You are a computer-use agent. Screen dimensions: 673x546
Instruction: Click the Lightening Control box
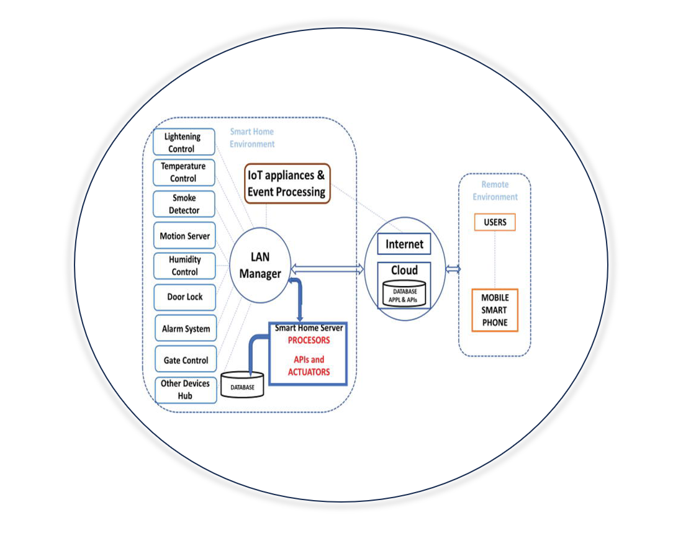[x=184, y=142]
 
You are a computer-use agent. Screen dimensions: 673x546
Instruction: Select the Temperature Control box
[x=184, y=172]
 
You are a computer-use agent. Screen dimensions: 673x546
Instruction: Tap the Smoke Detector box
[x=184, y=204]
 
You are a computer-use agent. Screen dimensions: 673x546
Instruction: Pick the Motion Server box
[x=184, y=236]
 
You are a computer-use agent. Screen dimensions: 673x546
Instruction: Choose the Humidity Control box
[x=184, y=266]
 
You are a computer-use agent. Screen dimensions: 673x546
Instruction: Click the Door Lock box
[x=185, y=297]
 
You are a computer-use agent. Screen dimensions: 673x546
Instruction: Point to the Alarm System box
[x=186, y=329]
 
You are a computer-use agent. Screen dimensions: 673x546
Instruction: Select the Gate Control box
[x=186, y=359]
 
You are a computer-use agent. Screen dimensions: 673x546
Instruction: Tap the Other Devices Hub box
[x=186, y=390]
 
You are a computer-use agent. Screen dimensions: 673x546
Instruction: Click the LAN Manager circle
[x=260, y=266]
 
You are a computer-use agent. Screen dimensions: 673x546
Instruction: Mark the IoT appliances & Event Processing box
[x=287, y=184]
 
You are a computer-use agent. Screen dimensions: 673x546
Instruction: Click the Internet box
[x=404, y=244]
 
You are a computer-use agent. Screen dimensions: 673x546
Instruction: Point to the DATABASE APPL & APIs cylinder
[x=404, y=294]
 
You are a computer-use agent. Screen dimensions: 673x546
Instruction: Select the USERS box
[x=495, y=222]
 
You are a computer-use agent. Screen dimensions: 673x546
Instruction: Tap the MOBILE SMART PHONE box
[x=495, y=310]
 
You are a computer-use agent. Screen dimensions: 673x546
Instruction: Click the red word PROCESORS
[x=309, y=341]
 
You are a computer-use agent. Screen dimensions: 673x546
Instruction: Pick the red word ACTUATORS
[x=309, y=372]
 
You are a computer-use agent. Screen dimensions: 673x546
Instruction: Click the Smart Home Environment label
[x=252, y=138]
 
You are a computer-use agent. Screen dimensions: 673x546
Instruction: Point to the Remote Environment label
[x=495, y=190]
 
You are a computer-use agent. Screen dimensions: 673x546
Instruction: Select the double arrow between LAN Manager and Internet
[x=327, y=269]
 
